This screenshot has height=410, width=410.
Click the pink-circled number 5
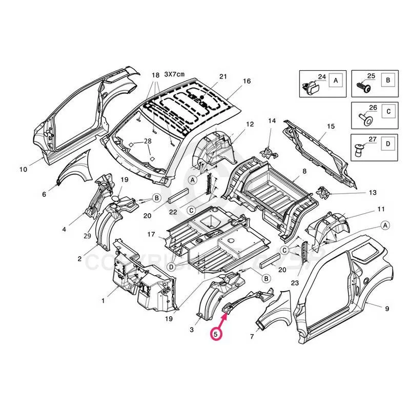[x=216, y=334]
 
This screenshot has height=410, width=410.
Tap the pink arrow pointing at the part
[x=223, y=318]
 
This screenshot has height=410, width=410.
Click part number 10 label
[x=23, y=169]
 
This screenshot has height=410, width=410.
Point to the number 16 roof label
[x=247, y=81]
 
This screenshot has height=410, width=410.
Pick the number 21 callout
[x=223, y=76]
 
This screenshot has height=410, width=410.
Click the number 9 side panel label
[x=386, y=308]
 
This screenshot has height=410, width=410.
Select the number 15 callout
[x=331, y=126]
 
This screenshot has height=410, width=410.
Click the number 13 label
[x=372, y=193]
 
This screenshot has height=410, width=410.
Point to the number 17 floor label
[x=151, y=234]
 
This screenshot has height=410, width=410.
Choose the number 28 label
[x=148, y=141]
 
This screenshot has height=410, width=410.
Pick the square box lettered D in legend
[x=388, y=143]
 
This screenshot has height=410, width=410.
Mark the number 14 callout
[x=272, y=121]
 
